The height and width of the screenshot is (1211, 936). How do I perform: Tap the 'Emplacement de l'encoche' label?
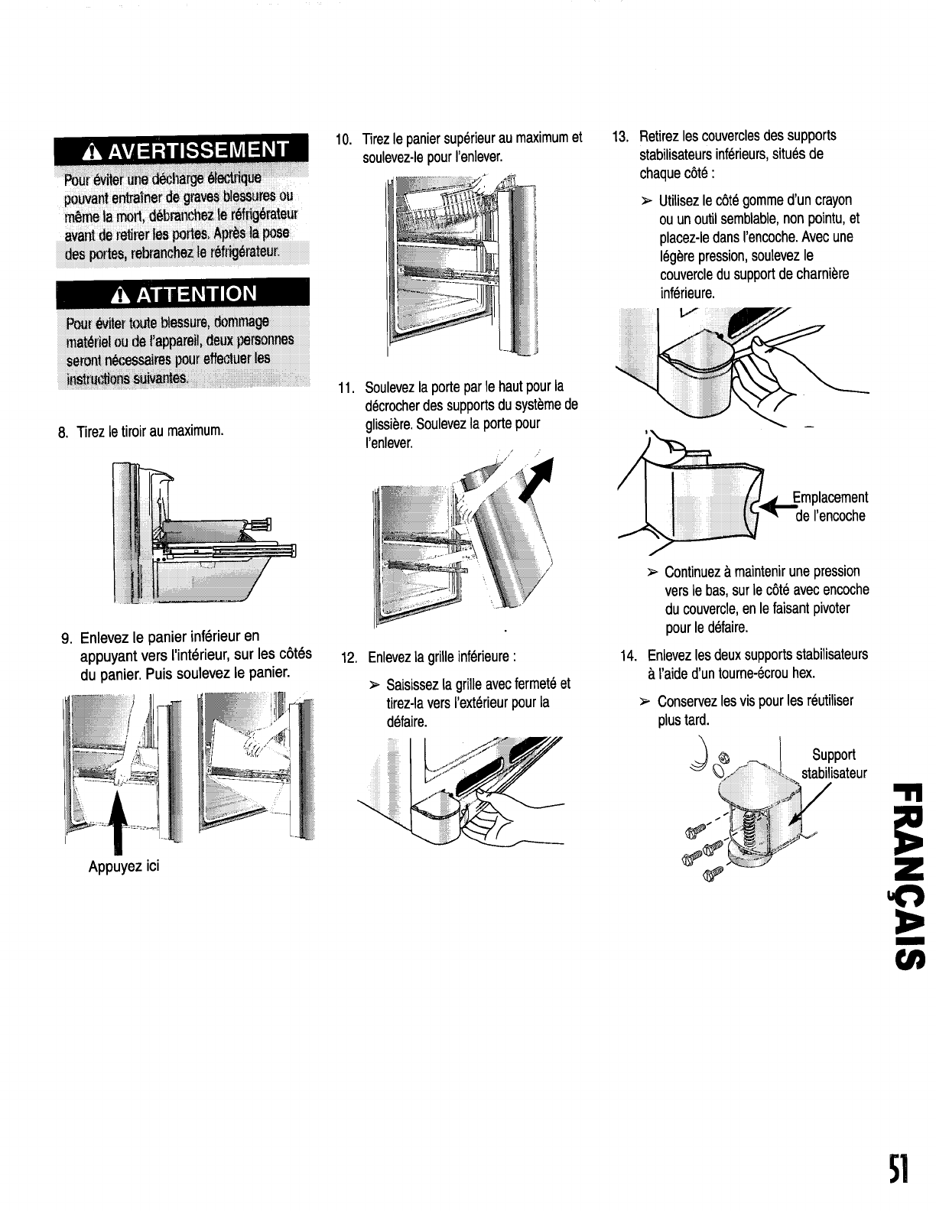point(830,507)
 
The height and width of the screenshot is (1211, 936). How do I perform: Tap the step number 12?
point(349,657)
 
